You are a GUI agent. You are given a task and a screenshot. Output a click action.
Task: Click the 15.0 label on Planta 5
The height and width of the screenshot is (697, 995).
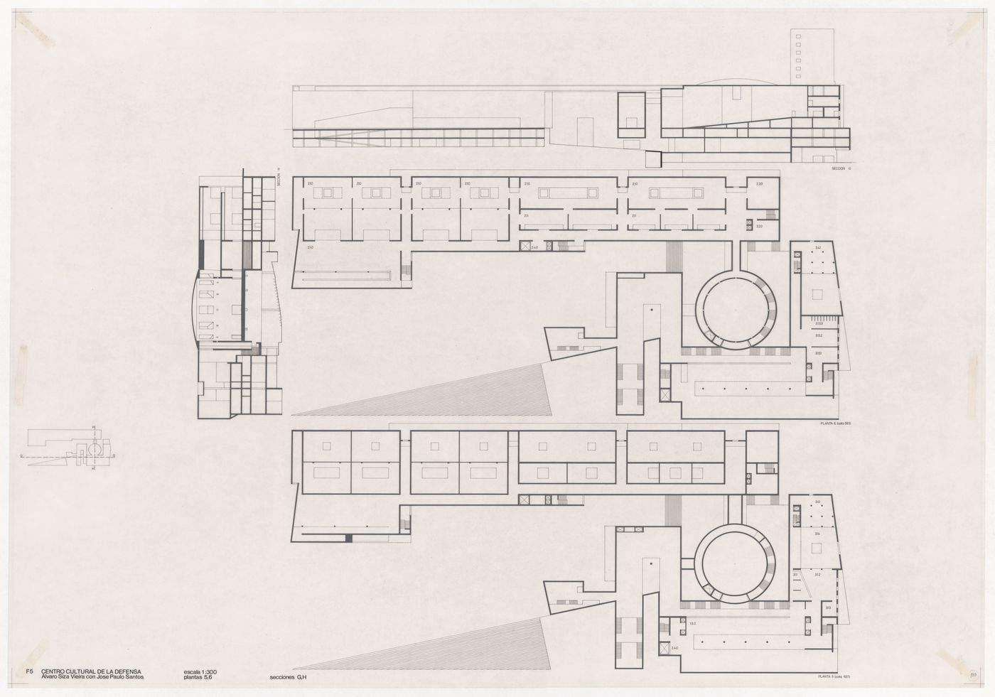click(692, 624)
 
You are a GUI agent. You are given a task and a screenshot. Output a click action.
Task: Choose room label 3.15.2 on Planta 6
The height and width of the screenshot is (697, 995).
click(819, 335)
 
